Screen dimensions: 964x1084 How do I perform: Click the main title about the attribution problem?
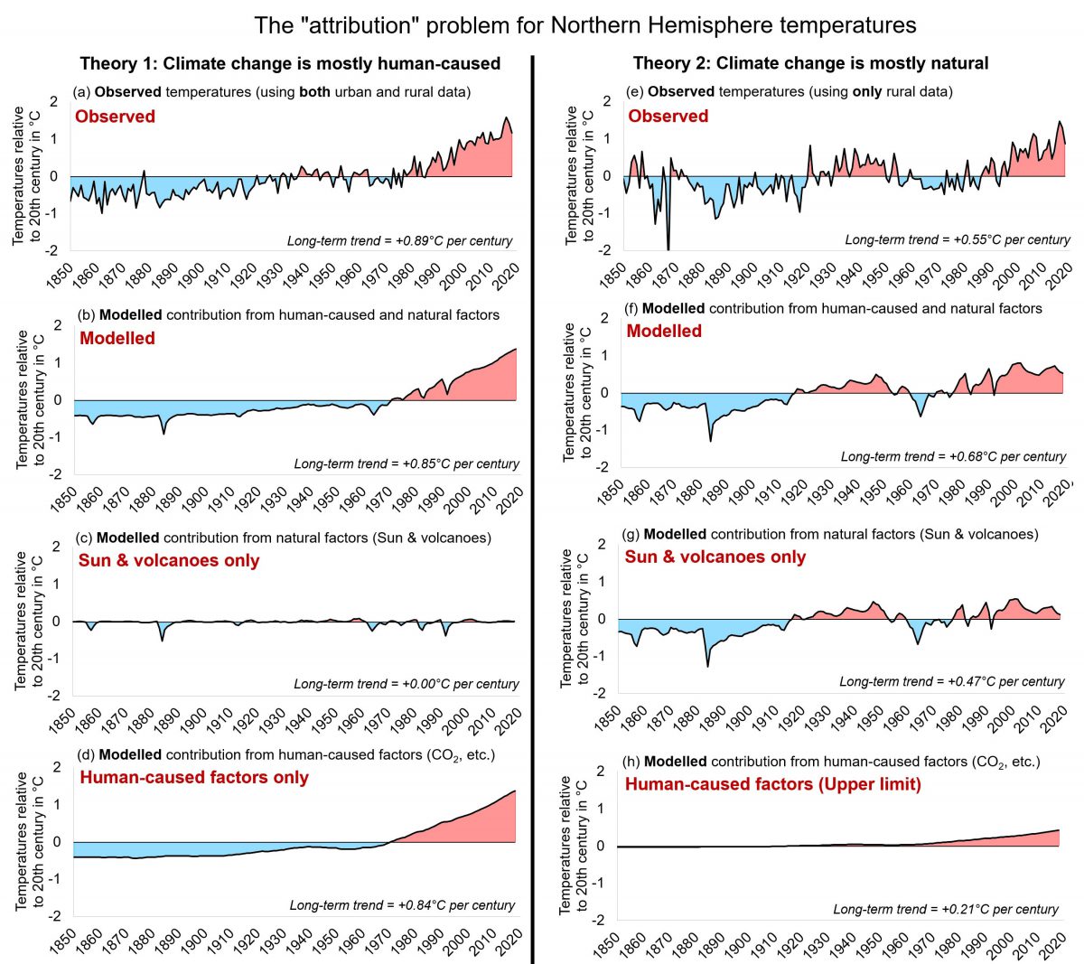pyautogui.click(x=585, y=24)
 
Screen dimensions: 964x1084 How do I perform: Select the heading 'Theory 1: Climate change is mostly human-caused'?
pyautogui.click(x=290, y=63)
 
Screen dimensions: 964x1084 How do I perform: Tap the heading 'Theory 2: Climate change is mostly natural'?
pyautogui.click(x=810, y=63)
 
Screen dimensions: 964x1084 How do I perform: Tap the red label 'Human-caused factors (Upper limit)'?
pyautogui.click(x=772, y=784)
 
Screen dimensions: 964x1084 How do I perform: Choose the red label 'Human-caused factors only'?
pyautogui.click(x=194, y=778)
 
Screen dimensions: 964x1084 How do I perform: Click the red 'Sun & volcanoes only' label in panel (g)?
pyautogui.click(x=715, y=557)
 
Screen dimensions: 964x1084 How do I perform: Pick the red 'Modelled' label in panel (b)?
pyautogui.click(x=117, y=339)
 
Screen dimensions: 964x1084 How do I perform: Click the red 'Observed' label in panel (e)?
pyautogui.click(x=668, y=117)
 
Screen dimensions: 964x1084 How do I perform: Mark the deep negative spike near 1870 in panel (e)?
pyautogui.click(x=668, y=246)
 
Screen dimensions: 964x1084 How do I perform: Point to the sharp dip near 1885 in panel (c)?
pyautogui.click(x=163, y=639)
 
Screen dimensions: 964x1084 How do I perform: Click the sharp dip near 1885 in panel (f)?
pyautogui.click(x=709, y=438)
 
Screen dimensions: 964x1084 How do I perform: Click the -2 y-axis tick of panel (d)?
pyautogui.click(x=57, y=916)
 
